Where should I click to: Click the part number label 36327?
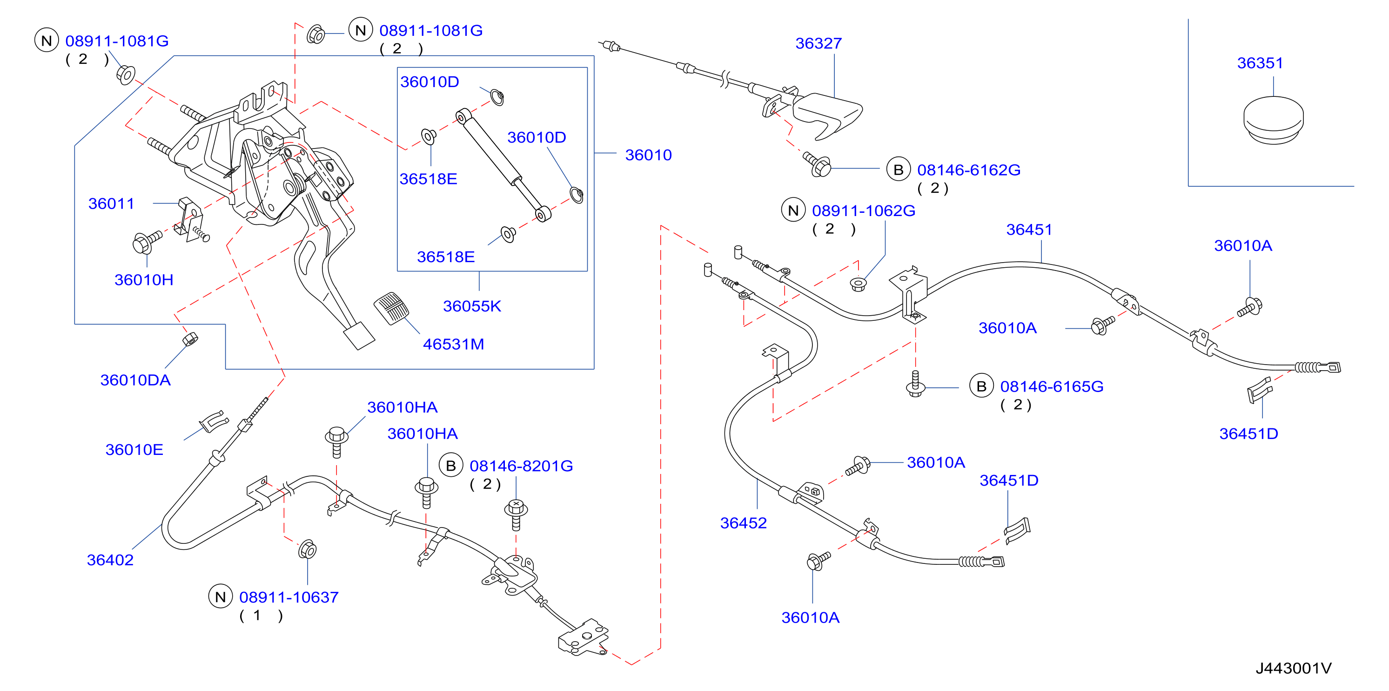tap(818, 43)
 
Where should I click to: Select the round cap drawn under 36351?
tap(1273, 120)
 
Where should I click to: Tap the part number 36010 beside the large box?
tap(648, 155)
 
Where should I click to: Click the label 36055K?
tap(472, 306)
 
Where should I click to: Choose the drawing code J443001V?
tap(1293, 668)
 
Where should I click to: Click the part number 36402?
tap(110, 560)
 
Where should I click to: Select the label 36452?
tap(743, 523)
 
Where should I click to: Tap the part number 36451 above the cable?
tap(1029, 229)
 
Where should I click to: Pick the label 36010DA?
tap(135, 380)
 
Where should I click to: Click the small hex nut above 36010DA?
tap(190, 339)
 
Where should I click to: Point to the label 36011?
tap(111, 203)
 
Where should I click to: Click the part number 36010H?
tap(143, 279)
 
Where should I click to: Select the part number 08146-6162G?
tap(968, 170)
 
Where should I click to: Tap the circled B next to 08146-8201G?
tap(451, 465)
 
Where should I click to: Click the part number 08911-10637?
tap(289, 597)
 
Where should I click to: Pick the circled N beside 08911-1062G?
tap(793, 210)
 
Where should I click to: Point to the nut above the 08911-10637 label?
tap(308, 549)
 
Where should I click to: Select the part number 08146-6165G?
tap(1052, 386)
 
